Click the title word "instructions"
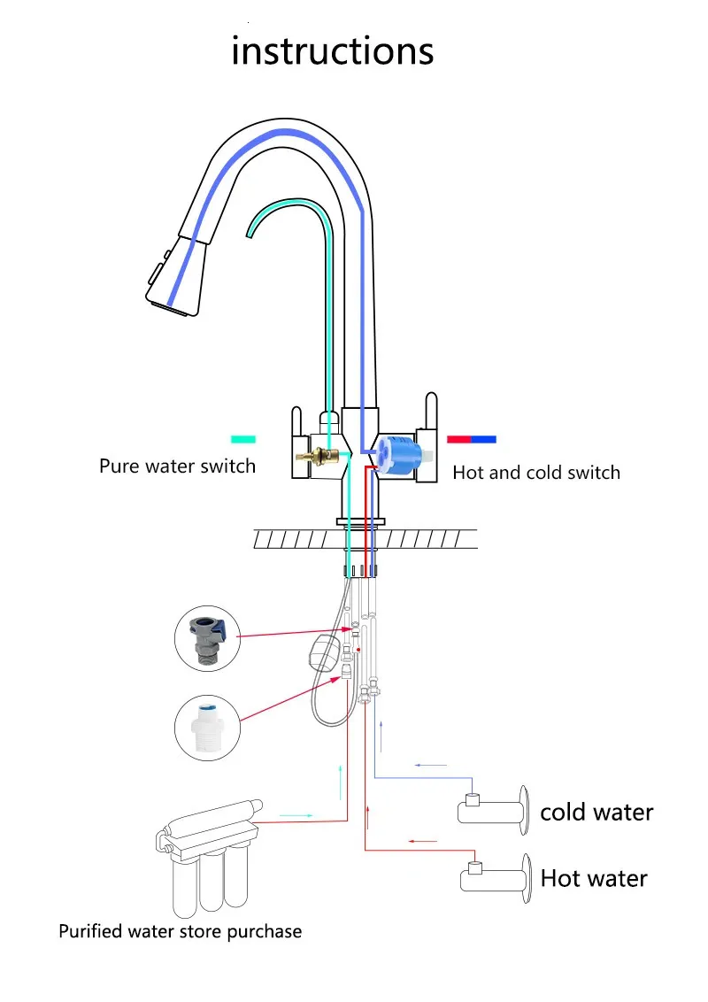pyautogui.click(x=332, y=50)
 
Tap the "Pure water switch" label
pyautogui.click(x=178, y=466)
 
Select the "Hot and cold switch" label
pyautogui.click(x=536, y=473)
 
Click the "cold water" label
pyautogui.click(x=596, y=813)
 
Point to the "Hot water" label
pyautogui.click(x=594, y=879)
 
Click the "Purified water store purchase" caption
pyautogui.click(x=181, y=932)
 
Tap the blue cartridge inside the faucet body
pyautogui.click(x=399, y=456)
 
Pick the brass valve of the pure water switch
pyautogui.click(x=318, y=456)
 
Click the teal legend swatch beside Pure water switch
pyautogui.click(x=243, y=439)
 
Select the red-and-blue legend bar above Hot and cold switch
pyautogui.click(x=472, y=439)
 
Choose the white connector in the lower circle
pyautogui.click(x=208, y=728)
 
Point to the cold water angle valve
pyautogui.click(x=493, y=810)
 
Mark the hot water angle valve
pyautogui.click(x=496, y=878)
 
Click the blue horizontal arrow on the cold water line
pyautogui.click(x=431, y=765)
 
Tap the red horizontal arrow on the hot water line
pyautogui.click(x=423, y=841)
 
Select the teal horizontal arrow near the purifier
pyautogui.click(x=296, y=815)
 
